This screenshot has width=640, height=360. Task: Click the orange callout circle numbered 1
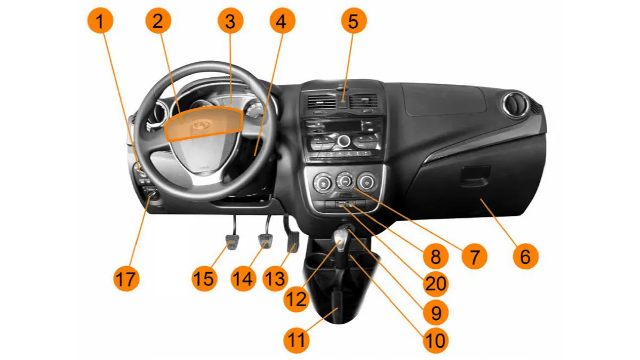point(100,21)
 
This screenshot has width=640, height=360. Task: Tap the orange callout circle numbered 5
point(354,21)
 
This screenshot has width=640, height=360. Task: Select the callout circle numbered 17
point(126,278)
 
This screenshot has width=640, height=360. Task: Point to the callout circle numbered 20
point(436,284)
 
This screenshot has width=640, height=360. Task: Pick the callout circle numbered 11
point(297,340)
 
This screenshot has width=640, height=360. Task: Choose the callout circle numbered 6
point(525,256)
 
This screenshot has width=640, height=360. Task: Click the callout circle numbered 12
point(297,299)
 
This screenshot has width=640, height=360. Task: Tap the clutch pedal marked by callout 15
point(232,242)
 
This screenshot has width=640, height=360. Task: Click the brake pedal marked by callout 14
point(266,241)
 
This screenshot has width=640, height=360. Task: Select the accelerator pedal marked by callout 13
point(293,242)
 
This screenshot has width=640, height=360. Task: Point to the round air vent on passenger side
point(515,105)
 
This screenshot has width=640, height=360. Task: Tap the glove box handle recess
point(476,177)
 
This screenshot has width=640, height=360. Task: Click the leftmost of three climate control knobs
point(323,182)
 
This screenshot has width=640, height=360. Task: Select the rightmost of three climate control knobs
point(366,182)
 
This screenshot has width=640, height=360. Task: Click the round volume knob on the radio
point(343,141)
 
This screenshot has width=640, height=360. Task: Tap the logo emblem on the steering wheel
point(201,125)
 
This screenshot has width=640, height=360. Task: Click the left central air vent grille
point(322,102)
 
